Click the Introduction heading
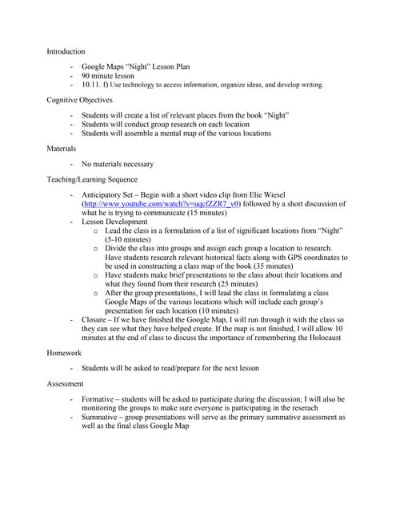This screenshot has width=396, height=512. (x=66, y=51)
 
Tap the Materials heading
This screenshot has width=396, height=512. (x=62, y=148)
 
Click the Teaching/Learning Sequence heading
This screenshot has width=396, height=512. (x=92, y=180)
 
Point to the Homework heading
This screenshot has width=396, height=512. (x=65, y=352)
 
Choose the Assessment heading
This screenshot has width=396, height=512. (x=66, y=384)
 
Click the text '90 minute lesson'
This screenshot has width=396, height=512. (x=108, y=76)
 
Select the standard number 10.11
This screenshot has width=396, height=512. (x=92, y=84)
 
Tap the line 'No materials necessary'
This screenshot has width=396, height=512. (x=117, y=164)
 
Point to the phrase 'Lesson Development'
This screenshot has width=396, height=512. (x=114, y=222)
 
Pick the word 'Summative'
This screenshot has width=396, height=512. (x=102, y=417)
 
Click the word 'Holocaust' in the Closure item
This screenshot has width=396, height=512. (x=319, y=337)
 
